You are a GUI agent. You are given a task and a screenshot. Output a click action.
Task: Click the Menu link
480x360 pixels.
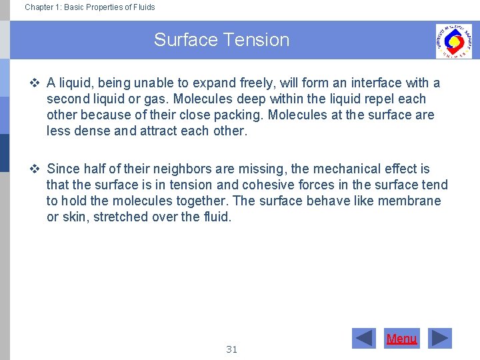[401, 339]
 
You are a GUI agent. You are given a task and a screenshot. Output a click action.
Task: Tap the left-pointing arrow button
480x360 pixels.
[364, 339]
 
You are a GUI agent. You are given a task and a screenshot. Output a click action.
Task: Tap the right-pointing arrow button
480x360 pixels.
[439, 339]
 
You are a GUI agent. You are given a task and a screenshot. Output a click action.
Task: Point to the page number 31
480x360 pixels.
[231, 349]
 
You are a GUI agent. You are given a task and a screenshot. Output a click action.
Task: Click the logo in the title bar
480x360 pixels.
[453, 41]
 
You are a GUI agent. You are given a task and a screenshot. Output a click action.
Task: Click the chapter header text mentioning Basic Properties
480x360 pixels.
[90, 7]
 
